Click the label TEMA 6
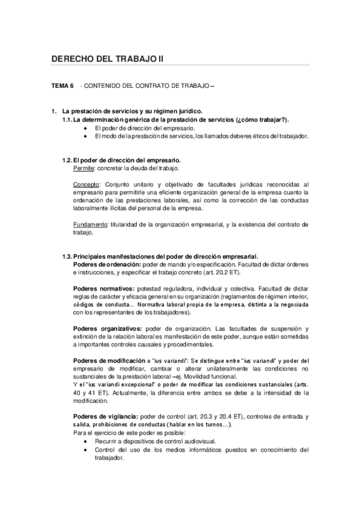[x=63, y=87]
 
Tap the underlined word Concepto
[x=87, y=183]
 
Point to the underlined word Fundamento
[x=90, y=224]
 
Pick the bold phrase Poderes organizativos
[x=107, y=328]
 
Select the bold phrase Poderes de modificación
[x=109, y=360]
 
